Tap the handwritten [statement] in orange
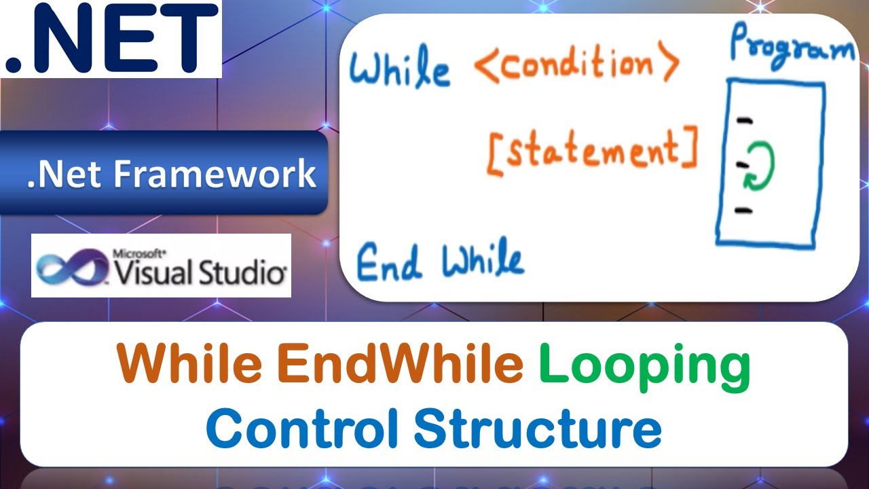(592, 151)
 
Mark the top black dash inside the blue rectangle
(745, 121)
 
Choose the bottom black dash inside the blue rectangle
(744, 210)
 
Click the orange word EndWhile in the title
(400, 365)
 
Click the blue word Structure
(537, 428)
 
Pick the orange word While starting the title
(190, 365)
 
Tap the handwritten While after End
(483, 260)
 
